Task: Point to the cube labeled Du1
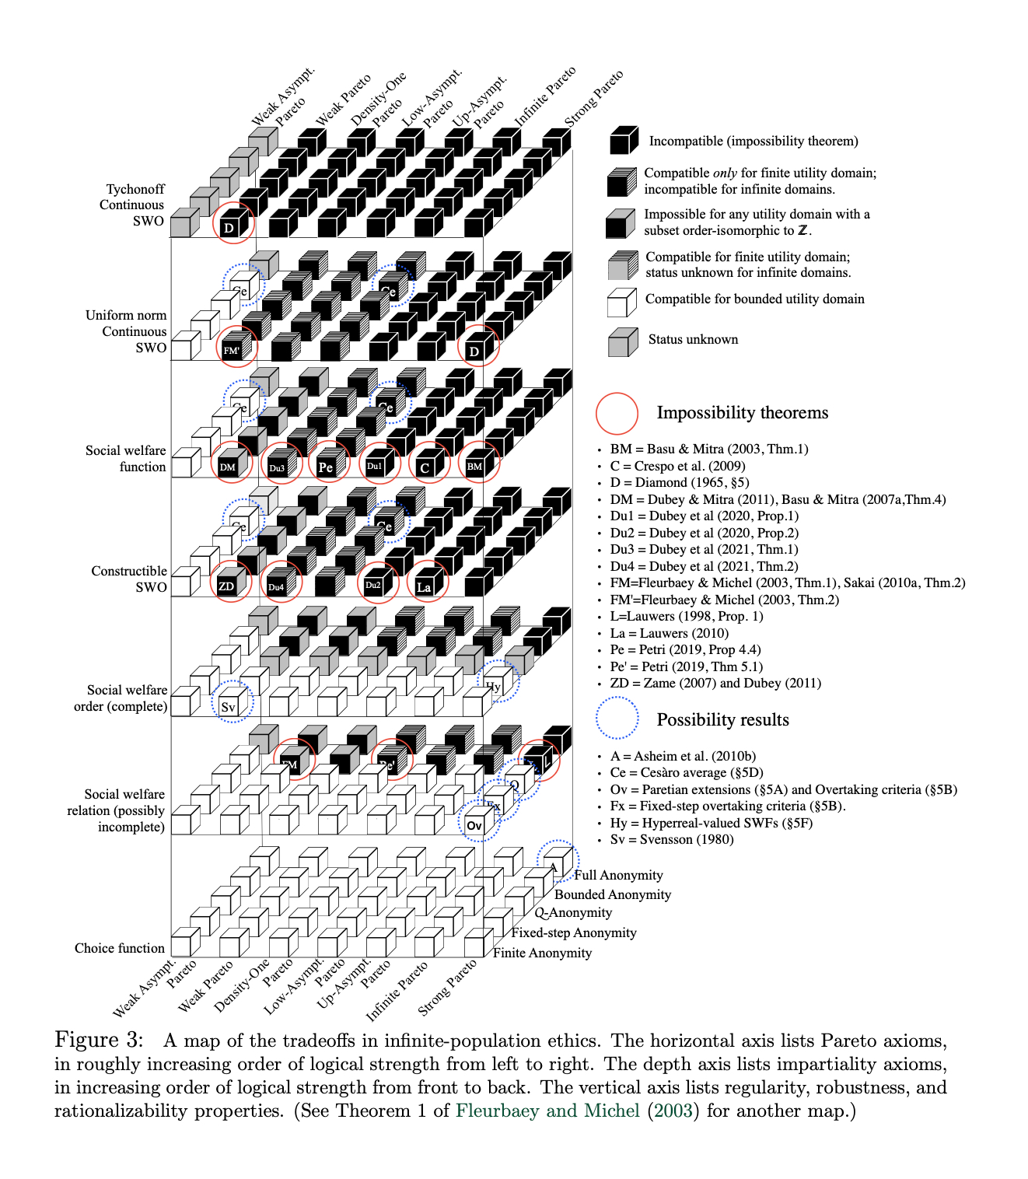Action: pyautogui.click(x=375, y=466)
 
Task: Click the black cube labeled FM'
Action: pyautogui.click(x=232, y=350)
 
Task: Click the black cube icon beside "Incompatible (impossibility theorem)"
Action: pyautogui.click(x=624, y=141)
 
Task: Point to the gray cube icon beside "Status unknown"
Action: pyautogui.click(x=622, y=342)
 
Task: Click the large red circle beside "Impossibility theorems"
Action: pyautogui.click(x=617, y=412)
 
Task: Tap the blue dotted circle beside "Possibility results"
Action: pyautogui.click(x=617, y=718)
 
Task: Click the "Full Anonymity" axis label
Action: pyautogui.click(x=618, y=875)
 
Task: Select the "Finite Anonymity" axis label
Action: pyautogui.click(x=542, y=953)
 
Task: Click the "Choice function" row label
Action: pyautogui.click(x=120, y=948)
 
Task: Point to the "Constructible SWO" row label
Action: pyautogui.click(x=129, y=579)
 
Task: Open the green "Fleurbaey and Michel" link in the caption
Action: pyautogui.click(x=547, y=1111)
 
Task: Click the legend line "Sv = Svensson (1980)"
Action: pyautogui.click(x=672, y=839)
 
